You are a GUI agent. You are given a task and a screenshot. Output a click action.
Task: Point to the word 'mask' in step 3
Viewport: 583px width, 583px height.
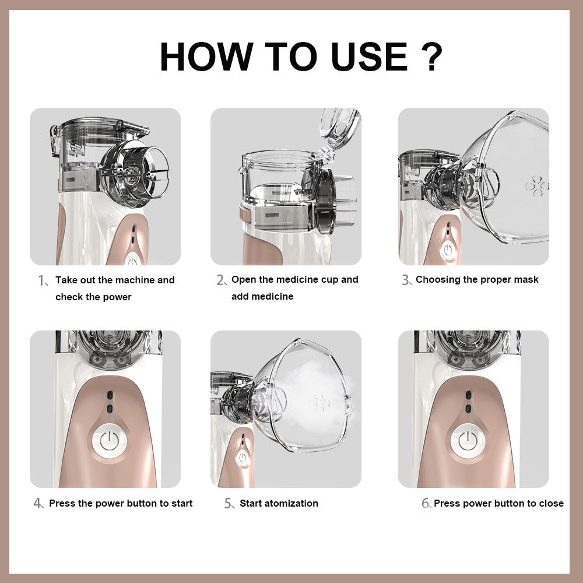(524, 279)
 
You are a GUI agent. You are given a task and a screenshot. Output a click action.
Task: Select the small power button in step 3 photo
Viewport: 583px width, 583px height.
(448, 251)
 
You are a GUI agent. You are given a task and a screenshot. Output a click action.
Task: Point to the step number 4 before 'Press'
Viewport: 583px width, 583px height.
(38, 504)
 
